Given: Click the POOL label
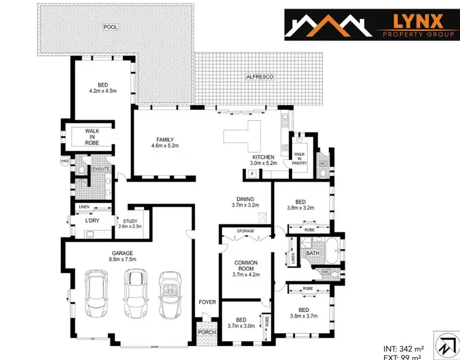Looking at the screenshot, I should (110, 27).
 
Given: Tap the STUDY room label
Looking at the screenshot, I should (129, 224).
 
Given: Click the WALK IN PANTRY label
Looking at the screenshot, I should (300, 158).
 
